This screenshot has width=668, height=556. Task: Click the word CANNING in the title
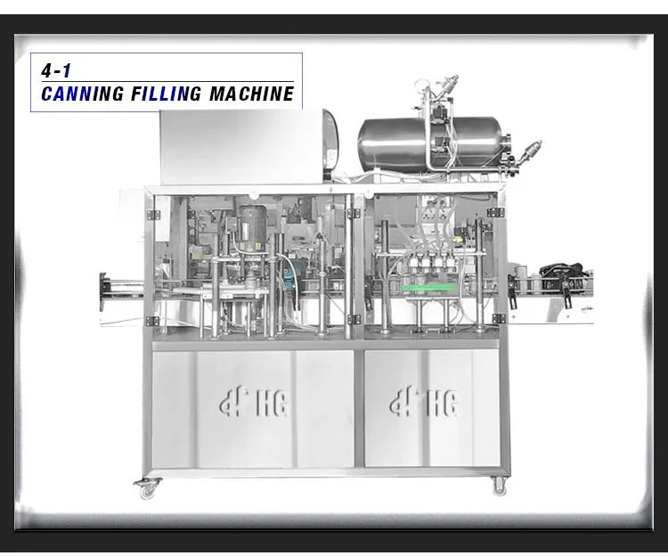(x=83, y=94)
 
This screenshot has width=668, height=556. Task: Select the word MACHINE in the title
(x=252, y=94)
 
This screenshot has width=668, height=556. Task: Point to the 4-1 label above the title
(x=56, y=70)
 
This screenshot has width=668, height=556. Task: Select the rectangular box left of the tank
(x=249, y=146)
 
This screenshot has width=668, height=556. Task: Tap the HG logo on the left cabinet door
(x=255, y=402)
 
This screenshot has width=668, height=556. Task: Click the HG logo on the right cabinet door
(x=424, y=402)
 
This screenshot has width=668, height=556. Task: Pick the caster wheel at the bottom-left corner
(x=147, y=488)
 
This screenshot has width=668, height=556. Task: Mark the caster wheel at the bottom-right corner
(x=499, y=487)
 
